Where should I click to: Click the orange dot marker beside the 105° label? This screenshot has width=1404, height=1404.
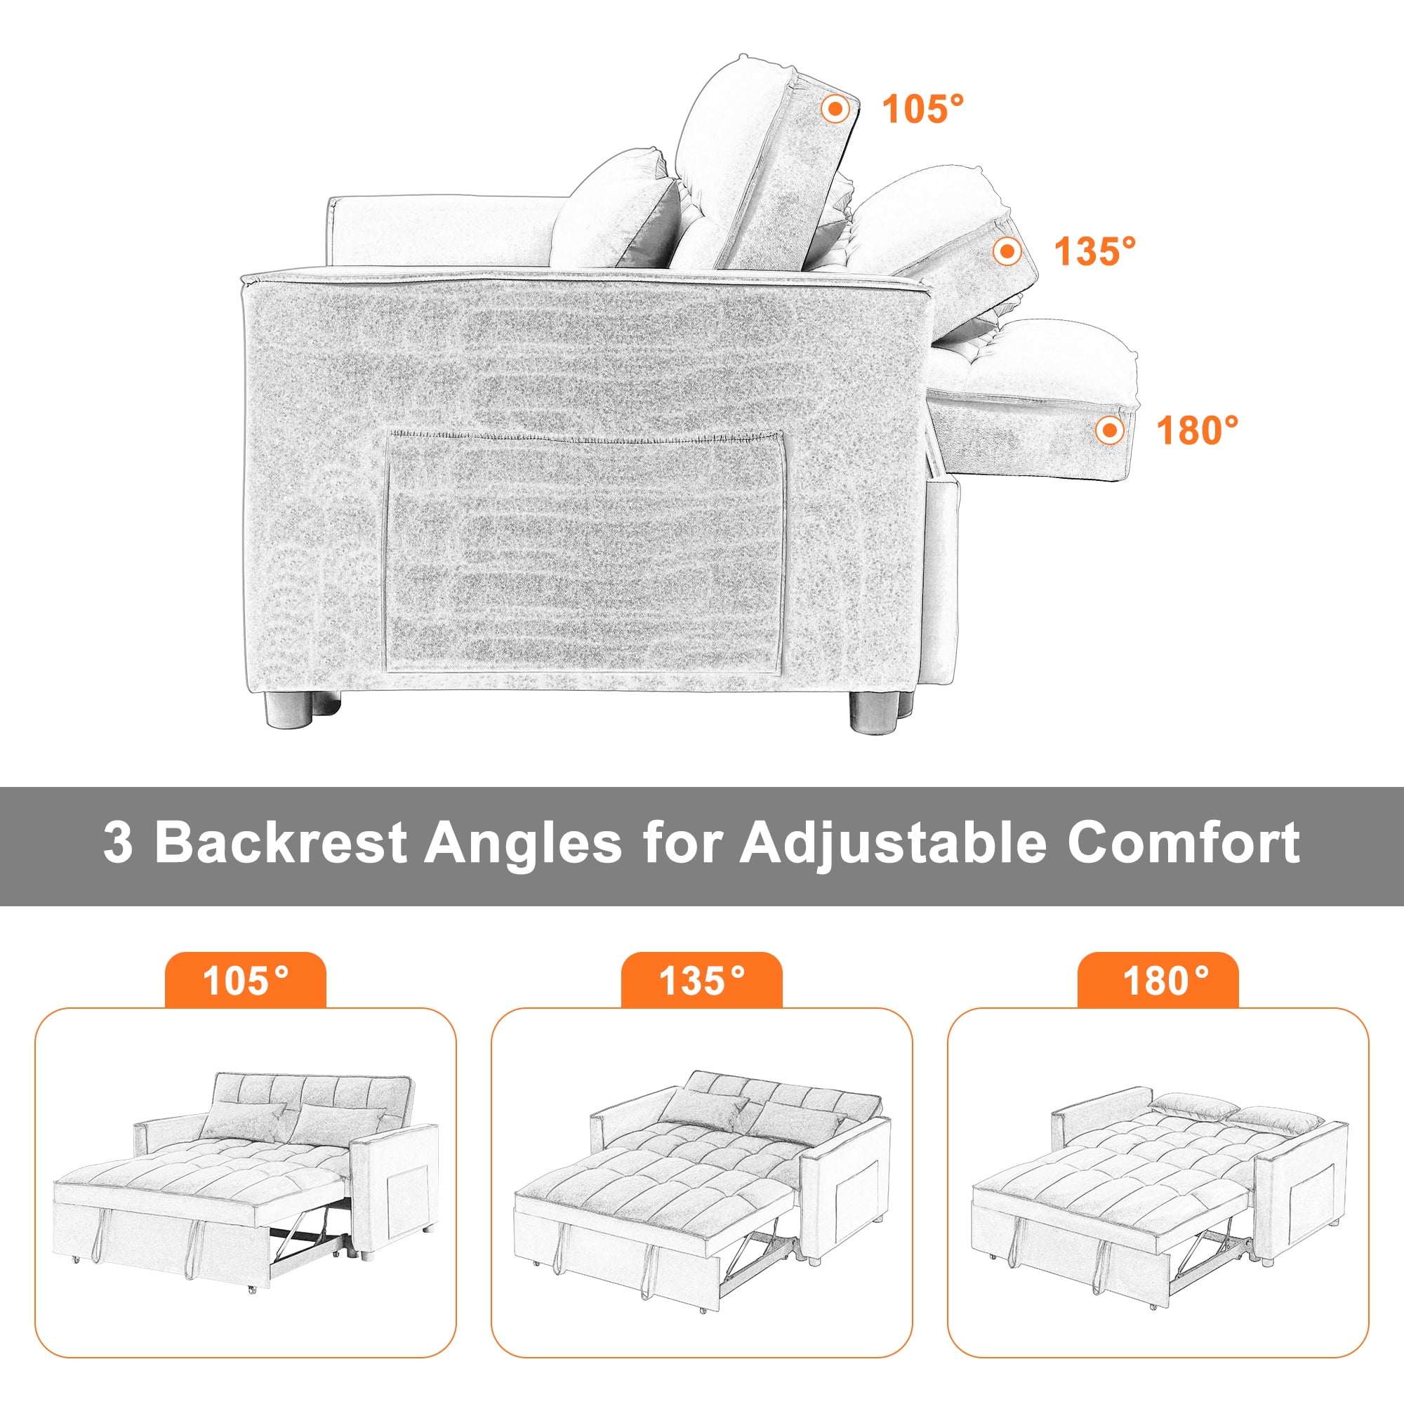[835, 109]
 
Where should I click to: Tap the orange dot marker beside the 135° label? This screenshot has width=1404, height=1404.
[1007, 251]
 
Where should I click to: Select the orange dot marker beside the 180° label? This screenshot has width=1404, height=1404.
[1109, 430]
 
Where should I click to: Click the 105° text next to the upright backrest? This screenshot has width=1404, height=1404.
[923, 109]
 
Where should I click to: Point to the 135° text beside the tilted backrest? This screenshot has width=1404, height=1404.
[1095, 251]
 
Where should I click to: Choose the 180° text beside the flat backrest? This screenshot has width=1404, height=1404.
[1197, 430]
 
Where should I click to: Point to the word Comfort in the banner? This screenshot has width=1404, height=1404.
[1184, 842]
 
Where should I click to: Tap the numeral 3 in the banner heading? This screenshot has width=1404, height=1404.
[118, 843]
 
